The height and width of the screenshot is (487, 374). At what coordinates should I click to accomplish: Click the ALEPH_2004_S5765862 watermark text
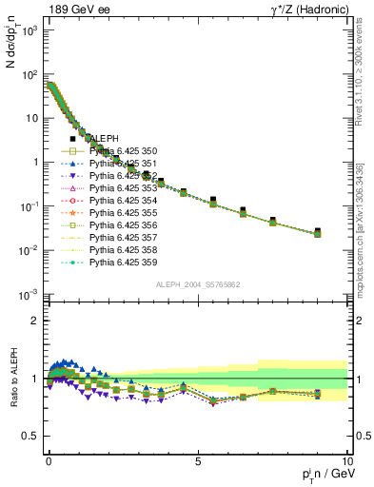197,285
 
